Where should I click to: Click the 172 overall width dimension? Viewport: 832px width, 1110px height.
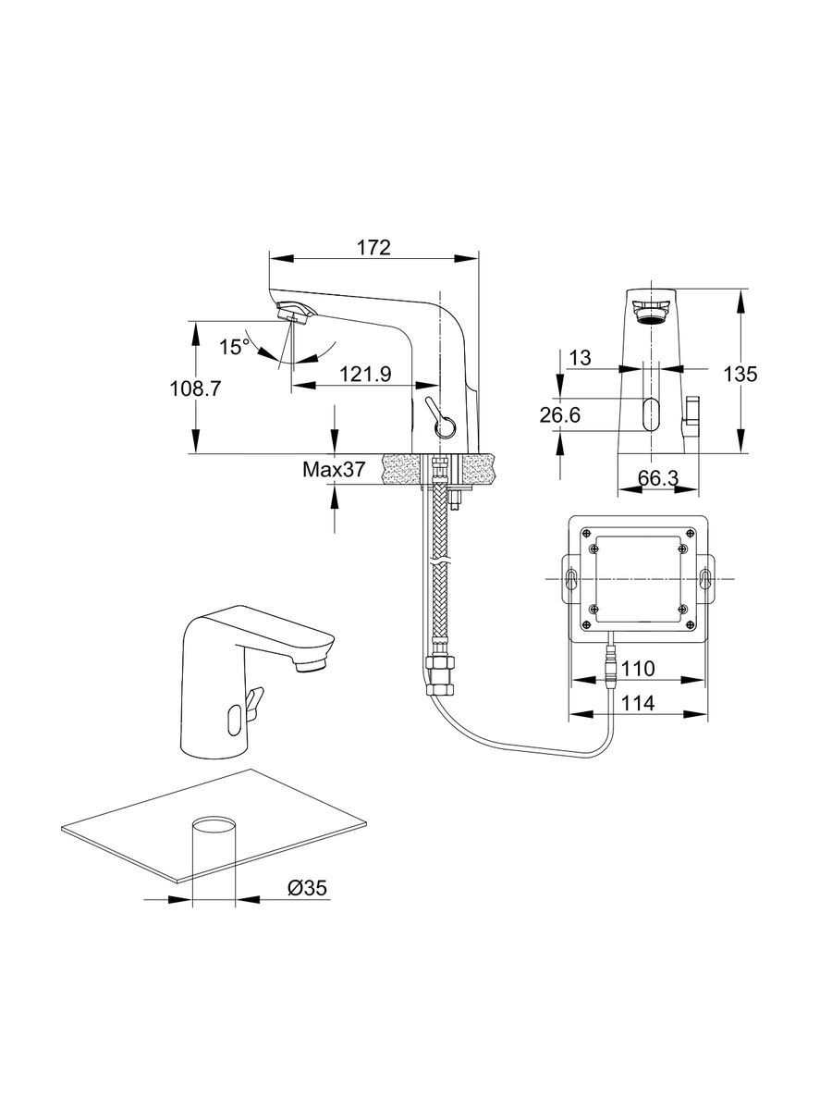(373, 249)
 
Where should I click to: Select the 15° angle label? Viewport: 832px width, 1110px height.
(234, 347)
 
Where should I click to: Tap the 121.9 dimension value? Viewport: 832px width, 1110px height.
(365, 374)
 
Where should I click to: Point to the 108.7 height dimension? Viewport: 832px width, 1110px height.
(194, 388)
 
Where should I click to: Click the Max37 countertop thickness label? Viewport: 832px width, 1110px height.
(333, 470)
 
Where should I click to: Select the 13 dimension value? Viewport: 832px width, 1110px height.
(580, 358)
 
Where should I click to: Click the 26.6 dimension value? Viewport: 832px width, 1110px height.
(560, 416)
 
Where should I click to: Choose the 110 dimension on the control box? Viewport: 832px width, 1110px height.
(638, 668)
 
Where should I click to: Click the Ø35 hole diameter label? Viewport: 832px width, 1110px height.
(307, 888)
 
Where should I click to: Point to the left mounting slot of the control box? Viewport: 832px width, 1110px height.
(569, 581)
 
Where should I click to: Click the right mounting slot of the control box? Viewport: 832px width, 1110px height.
(705, 581)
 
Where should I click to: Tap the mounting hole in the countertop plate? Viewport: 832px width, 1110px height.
(214, 826)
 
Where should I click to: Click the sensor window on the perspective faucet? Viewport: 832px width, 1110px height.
(236, 715)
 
